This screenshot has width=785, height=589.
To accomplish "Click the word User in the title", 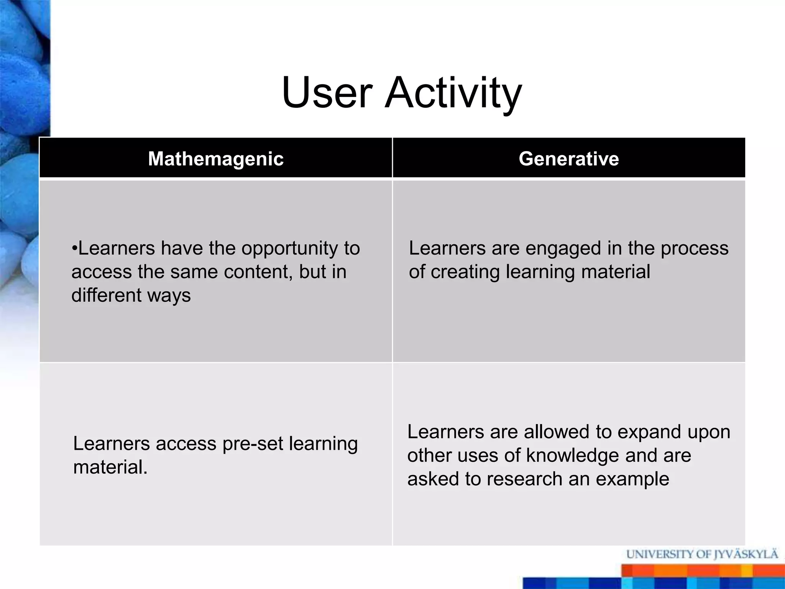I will pyautogui.click(x=327, y=93).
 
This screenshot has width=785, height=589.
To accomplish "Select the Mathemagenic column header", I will pyautogui.click(x=216, y=159).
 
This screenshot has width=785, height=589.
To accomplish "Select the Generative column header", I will pyautogui.click(x=569, y=159).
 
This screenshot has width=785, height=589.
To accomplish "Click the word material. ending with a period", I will pyautogui.click(x=110, y=467).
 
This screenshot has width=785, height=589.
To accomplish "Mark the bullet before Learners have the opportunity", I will pyautogui.click(x=74, y=248).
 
